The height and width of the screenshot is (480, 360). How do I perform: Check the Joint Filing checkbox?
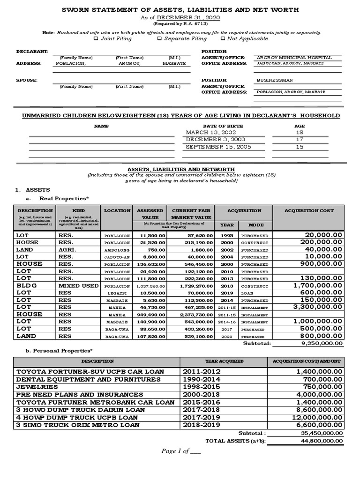click(x=96, y=39)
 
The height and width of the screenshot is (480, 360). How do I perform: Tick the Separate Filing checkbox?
click(x=160, y=39)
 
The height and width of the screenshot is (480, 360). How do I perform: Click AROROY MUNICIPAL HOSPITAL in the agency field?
click(x=294, y=58)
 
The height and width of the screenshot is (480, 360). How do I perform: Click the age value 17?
click(x=300, y=140)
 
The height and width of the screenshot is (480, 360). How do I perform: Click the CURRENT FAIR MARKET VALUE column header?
click(x=191, y=214)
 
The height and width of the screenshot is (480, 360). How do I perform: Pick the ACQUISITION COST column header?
click(x=309, y=211)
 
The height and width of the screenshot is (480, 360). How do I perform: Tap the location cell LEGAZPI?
click(x=117, y=292)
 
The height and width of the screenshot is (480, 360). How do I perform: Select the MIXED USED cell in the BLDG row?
click(x=78, y=285)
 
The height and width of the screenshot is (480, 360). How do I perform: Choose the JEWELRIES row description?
click(x=37, y=387)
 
